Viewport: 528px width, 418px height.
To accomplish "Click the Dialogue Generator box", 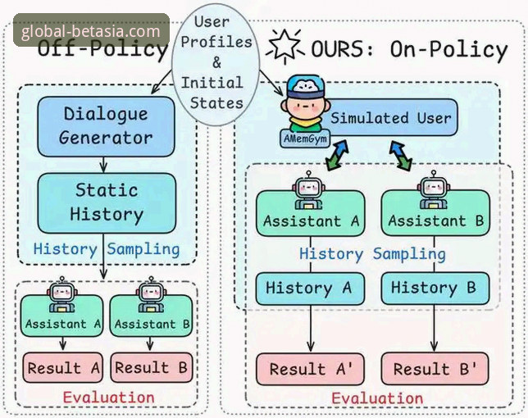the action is (x=106, y=126).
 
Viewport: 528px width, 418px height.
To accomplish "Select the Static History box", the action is (x=107, y=203).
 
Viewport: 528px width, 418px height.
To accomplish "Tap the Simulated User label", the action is (x=390, y=118).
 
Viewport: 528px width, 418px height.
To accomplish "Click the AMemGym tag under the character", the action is (x=305, y=139).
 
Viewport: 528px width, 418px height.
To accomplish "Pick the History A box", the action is (x=310, y=289).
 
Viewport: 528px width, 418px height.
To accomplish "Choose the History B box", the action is (x=435, y=289).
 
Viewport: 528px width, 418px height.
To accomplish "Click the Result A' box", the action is (x=310, y=369).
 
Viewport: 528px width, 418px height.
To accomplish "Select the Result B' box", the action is (x=435, y=369).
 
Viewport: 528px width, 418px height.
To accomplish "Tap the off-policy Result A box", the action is (x=62, y=367).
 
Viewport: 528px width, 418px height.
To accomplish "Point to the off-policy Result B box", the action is (x=152, y=367).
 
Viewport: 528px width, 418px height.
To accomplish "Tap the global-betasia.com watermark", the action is (x=91, y=31).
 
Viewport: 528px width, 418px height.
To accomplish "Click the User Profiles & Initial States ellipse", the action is (x=216, y=64).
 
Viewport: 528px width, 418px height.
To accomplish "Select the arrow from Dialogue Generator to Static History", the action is (x=103, y=165).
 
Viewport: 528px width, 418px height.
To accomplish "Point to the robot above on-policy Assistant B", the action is (x=434, y=190).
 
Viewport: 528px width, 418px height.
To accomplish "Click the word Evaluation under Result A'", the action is (x=377, y=398).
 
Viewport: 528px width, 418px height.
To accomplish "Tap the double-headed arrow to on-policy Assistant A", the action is (x=338, y=155).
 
